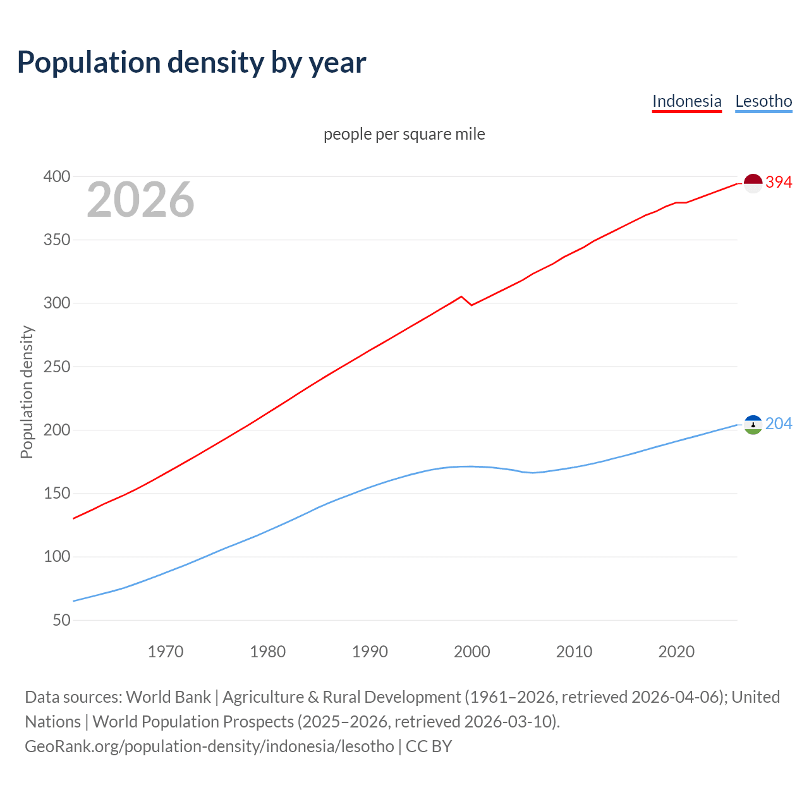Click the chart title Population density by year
[192, 62]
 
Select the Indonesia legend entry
[686, 101]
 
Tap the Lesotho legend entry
[763, 101]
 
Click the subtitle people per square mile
[404, 134]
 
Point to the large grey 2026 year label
[140, 200]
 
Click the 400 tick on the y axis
[57, 176]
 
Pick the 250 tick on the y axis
[57, 367]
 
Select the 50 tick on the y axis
[61, 620]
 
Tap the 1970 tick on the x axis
[166, 652]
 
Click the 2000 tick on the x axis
[471, 652]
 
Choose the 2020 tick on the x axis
[676, 652]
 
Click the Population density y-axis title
[27, 392]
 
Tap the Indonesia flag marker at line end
[753, 183]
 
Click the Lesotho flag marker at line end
[753, 425]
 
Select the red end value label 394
[779, 182]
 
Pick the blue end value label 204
[779, 423]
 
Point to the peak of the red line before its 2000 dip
[461, 296]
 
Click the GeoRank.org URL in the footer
[209, 746]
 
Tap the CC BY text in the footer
[429, 746]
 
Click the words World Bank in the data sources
[168, 696]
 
